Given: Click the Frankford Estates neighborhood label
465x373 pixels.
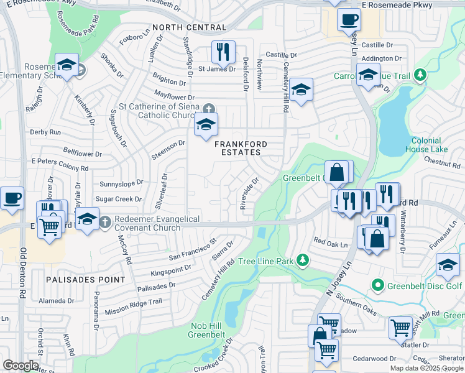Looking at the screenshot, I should coord(241,148).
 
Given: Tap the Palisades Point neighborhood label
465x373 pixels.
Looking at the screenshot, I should coord(85,280).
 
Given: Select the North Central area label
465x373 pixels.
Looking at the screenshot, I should coord(189,27).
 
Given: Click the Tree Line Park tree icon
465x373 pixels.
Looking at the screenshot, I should coord(302,260).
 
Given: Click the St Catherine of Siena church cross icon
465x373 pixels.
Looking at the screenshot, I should coord(209,107).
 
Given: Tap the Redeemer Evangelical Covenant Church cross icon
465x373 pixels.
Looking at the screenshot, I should coord(106,221).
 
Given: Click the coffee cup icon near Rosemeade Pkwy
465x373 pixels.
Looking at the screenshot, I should coord(349,19).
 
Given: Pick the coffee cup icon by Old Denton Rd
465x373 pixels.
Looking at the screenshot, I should coord(12,198).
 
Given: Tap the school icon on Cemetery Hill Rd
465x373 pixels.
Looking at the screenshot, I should coord(300,90).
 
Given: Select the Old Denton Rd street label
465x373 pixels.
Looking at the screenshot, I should coord(24,274).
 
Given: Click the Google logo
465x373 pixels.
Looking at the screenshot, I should coord(21,366).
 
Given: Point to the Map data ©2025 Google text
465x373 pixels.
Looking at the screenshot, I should coord(426,368).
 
